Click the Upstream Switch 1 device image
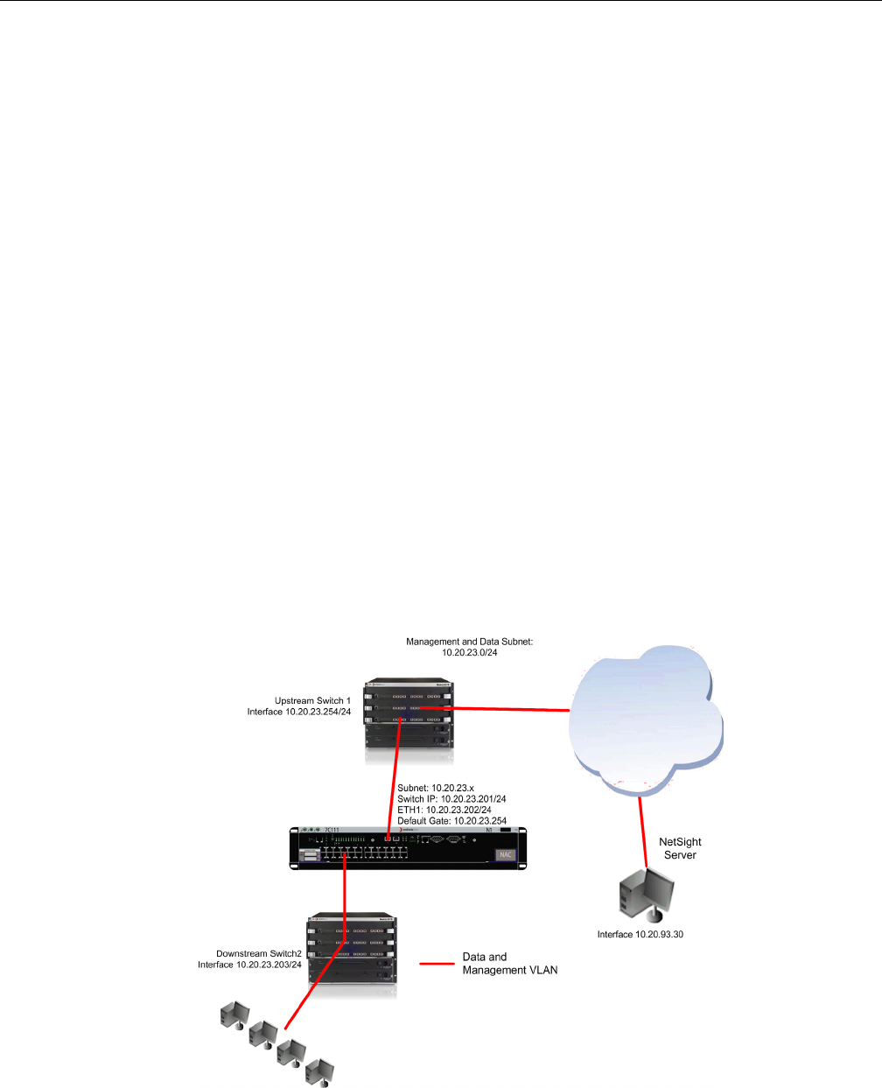(409, 713)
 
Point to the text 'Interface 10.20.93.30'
(640, 935)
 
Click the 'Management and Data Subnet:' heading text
(469, 642)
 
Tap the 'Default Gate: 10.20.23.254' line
(451, 821)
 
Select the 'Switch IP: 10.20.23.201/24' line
(451, 798)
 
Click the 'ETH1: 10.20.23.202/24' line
(444, 810)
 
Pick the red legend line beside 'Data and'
(437, 964)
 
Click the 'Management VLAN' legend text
(509, 970)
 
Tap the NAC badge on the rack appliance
(506, 854)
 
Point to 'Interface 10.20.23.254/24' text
(299, 712)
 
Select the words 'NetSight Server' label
(680, 848)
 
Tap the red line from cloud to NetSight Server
(643, 832)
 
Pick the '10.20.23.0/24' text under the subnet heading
(469, 653)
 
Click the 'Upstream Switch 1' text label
(312, 700)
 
